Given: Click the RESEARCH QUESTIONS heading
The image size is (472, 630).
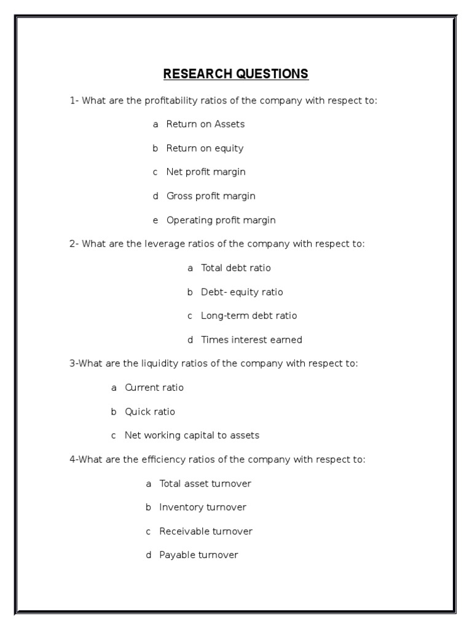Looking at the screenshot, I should pyautogui.click(x=235, y=74).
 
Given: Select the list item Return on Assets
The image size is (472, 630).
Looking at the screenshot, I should pyautogui.click(x=205, y=124).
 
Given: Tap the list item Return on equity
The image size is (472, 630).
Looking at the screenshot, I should pyautogui.click(x=205, y=148).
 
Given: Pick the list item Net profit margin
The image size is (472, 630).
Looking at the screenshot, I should pyautogui.click(x=206, y=172).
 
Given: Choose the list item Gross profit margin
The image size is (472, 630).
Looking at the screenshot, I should pyautogui.click(x=211, y=196).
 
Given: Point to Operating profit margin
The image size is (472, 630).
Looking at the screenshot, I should pyautogui.click(x=221, y=220).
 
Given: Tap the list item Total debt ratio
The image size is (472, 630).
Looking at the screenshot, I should pyautogui.click(x=235, y=268).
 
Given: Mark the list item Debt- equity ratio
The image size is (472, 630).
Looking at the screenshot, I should pyautogui.click(x=242, y=292).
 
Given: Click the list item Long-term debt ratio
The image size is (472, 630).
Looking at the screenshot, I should pyautogui.click(x=248, y=316).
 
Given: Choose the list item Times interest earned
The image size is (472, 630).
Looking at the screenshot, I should pyautogui.click(x=251, y=340).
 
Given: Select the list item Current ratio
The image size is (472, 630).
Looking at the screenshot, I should pyautogui.click(x=154, y=388).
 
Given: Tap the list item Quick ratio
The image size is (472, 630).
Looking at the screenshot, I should pyautogui.click(x=150, y=412).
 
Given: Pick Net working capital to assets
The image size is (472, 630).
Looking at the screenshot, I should pyautogui.click(x=192, y=436).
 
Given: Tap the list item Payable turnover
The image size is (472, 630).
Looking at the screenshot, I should pyautogui.click(x=199, y=556).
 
